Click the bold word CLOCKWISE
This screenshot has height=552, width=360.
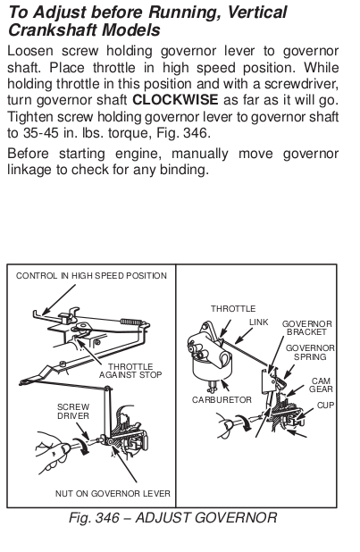tap(175, 100)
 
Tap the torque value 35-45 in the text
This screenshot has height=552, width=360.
tap(41, 133)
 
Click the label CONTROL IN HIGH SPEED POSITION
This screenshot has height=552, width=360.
tap(91, 276)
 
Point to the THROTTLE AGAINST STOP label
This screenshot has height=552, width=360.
tap(130, 371)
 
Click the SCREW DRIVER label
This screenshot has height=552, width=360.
tap(73, 412)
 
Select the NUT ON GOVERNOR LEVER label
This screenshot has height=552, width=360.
tap(113, 494)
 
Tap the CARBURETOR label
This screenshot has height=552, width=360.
tap(222, 400)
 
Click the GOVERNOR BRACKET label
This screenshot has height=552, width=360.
tap(306, 328)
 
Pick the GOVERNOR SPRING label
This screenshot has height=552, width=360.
tap(310, 353)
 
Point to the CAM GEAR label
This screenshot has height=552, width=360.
tap(322, 385)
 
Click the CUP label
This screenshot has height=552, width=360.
tap(325, 406)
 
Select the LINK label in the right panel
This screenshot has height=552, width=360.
tap(258, 322)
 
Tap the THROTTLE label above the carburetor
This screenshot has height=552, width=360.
tap(233, 309)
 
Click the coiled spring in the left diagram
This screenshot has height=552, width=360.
tap(131, 322)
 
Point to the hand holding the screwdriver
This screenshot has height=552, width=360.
tap(53, 452)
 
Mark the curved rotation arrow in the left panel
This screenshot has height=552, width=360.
tap(81, 445)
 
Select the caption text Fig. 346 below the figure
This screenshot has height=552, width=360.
tap(94, 518)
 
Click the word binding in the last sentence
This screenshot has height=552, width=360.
tap(185, 170)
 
